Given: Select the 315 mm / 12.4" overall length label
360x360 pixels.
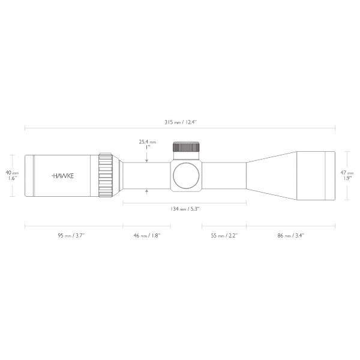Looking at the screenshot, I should pyautogui.click(x=180, y=122).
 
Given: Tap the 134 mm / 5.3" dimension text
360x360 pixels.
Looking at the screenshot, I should pyautogui.click(x=184, y=209).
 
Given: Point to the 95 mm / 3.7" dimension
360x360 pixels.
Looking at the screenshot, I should pyautogui.click(x=71, y=236).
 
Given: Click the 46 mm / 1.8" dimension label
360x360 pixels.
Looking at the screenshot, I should pyautogui.click(x=146, y=236).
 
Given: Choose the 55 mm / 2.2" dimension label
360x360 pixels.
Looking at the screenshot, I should pyautogui.click(x=223, y=236).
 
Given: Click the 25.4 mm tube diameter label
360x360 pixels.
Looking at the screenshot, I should pyautogui.click(x=147, y=142).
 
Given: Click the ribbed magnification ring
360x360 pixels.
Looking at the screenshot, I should pyautogui.click(x=106, y=175).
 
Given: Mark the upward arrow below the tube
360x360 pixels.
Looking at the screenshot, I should pyautogui.click(x=147, y=191).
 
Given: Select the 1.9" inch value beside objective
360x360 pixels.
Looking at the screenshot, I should pyautogui.click(x=347, y=178).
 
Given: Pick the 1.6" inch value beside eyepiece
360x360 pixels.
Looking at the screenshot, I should pyautogui.click(x=12, y=178).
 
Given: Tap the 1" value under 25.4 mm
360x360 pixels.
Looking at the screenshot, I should pyautogui.click(x=147, y=148).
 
